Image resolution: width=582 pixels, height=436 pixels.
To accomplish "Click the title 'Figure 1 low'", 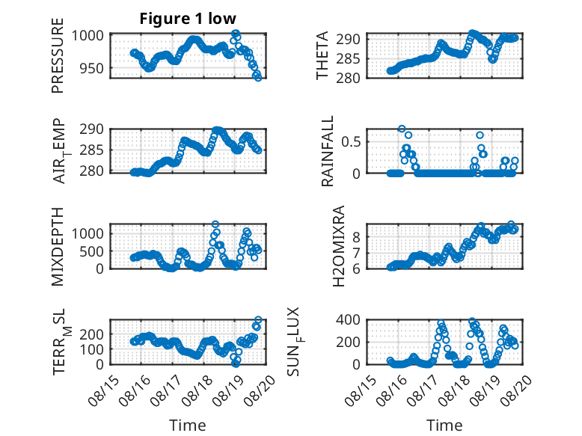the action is [188, 19].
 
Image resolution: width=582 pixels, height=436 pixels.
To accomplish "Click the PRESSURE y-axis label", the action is [58, 55].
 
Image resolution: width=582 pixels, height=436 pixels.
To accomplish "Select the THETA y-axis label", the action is [322, 55].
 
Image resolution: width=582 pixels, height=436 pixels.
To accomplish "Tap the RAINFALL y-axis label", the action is [328, 151].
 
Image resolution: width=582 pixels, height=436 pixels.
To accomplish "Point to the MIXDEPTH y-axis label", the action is [58, 246].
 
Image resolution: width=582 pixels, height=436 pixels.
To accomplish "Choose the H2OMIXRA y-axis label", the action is [339, 246].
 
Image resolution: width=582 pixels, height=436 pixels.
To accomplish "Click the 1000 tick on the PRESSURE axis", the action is [88, 36].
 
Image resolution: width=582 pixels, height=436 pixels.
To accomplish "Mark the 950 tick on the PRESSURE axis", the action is [92, 68].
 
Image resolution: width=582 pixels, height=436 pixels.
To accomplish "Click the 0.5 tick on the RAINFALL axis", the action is [351, 142].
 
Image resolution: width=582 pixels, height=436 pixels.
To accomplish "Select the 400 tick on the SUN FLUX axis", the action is [348, 319].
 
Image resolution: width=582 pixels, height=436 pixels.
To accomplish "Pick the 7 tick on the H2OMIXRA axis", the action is [356, 254].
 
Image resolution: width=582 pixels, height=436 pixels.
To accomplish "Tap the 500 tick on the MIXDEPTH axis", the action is [92, 251].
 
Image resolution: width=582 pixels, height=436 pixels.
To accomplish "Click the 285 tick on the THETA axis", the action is [348, 58].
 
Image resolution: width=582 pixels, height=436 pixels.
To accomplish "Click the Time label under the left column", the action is [188, 426].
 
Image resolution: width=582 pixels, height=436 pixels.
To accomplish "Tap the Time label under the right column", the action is [444, 426].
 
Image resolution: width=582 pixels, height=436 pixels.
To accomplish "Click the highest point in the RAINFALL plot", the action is [402, 129].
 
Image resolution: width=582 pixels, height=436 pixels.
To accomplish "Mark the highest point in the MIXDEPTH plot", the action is [215, 224].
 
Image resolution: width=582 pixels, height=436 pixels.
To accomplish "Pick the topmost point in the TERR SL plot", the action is [258, 319].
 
